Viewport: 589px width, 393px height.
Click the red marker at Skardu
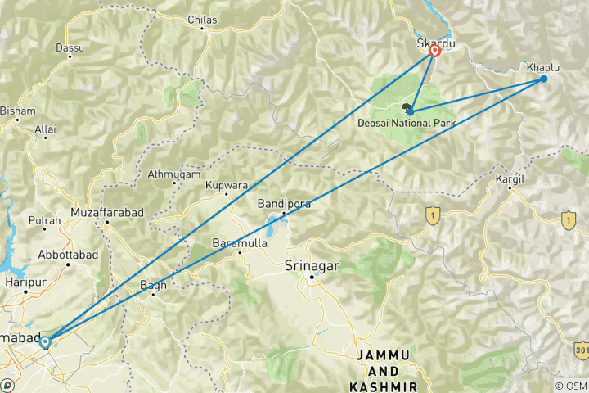point(434,51)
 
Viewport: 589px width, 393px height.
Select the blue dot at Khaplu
point(543,79)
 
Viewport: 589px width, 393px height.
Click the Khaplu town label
point(543,66)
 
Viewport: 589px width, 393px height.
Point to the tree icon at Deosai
point(407,108)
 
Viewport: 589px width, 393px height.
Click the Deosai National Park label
point(407,123)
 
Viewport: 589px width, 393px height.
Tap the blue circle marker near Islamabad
point(46,343)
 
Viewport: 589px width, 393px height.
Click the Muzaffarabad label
point(107,212)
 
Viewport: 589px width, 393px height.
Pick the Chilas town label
point(202,19)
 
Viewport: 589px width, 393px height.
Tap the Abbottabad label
point(68,255)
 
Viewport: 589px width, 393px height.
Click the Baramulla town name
point(239,243)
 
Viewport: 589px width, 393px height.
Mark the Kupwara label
point(227,186)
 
